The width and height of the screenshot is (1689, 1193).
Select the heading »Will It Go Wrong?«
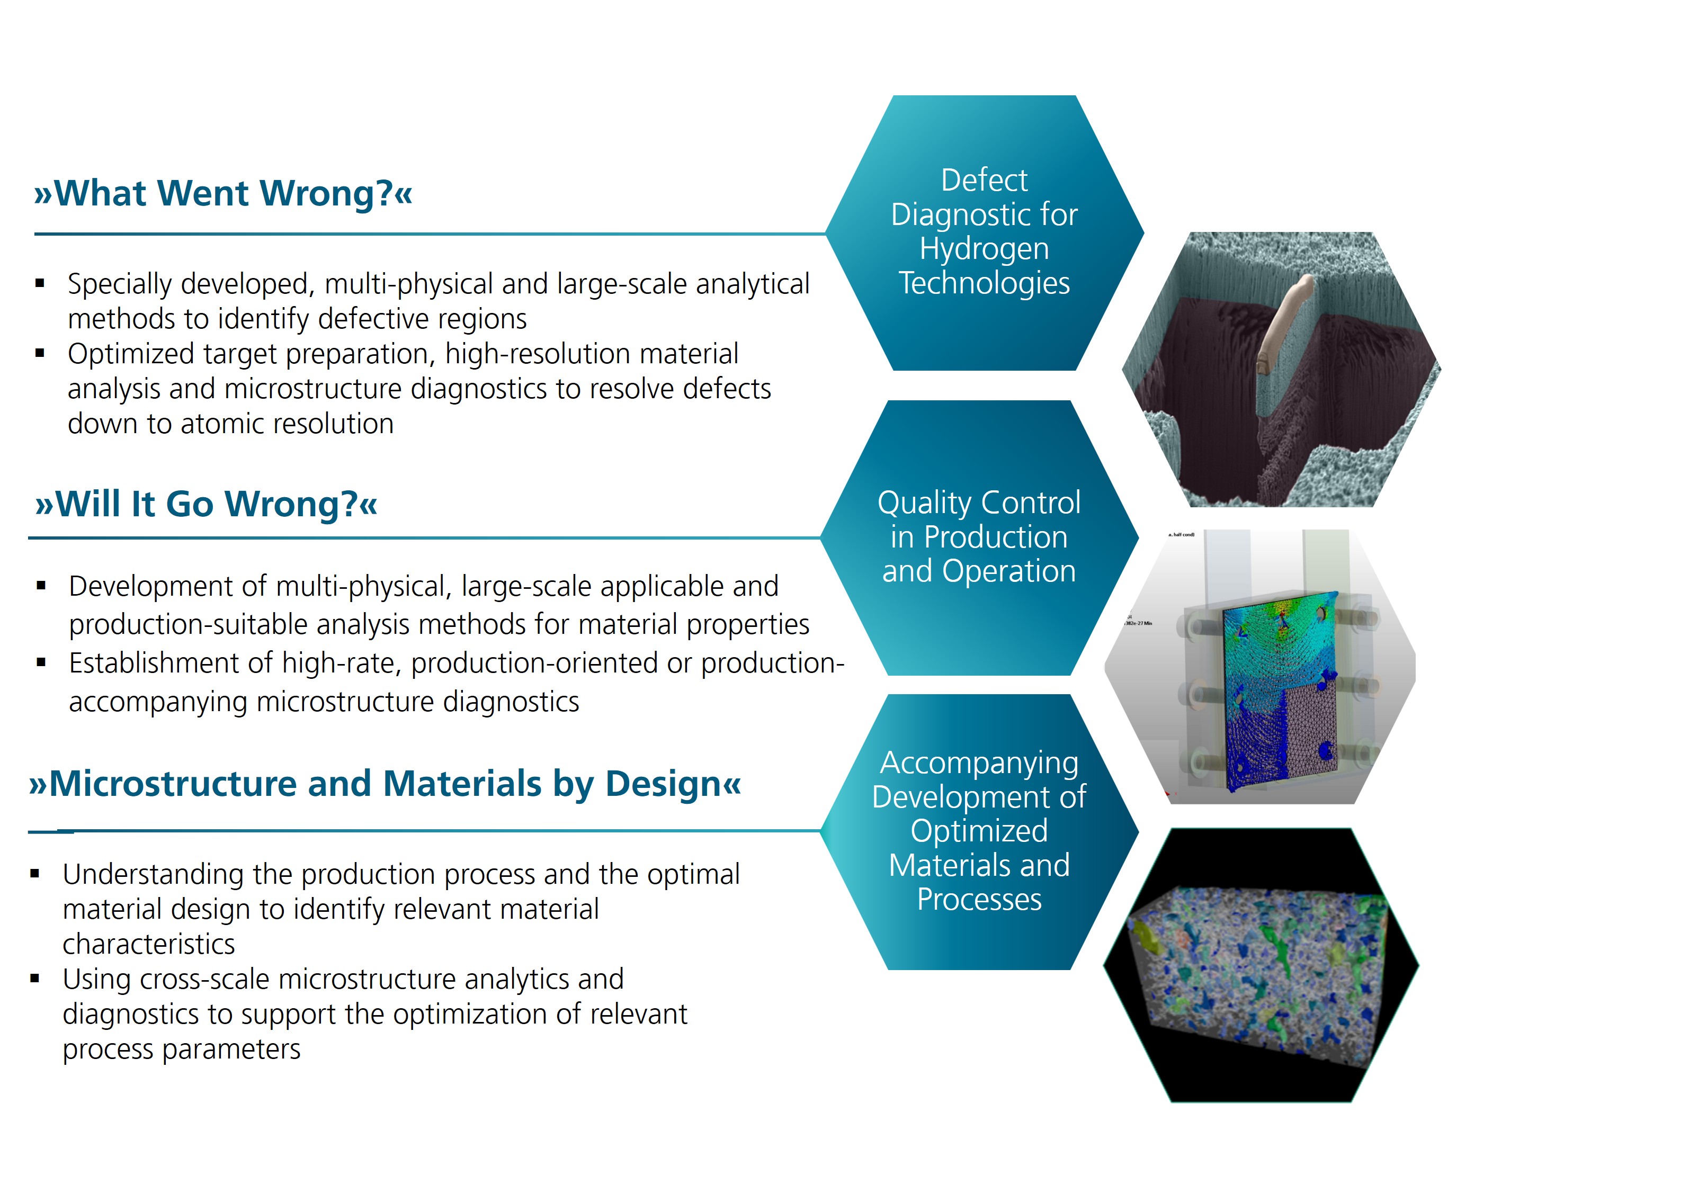[206, 505]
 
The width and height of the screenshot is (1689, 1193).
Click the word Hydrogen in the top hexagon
[984, 248]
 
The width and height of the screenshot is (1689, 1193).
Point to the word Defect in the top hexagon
[984, 180]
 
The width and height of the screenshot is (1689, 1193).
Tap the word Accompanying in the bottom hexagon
[979, 763]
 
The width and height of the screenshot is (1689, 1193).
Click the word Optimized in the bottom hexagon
[979, 831]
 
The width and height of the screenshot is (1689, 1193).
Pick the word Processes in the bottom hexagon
[979, 900]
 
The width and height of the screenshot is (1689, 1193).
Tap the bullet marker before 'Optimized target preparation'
[40, 354]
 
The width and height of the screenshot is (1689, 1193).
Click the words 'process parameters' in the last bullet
[181, 1050]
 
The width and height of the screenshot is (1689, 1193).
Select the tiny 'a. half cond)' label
[1182, 535]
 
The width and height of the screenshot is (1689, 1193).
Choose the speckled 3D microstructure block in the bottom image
[1258, 971]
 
